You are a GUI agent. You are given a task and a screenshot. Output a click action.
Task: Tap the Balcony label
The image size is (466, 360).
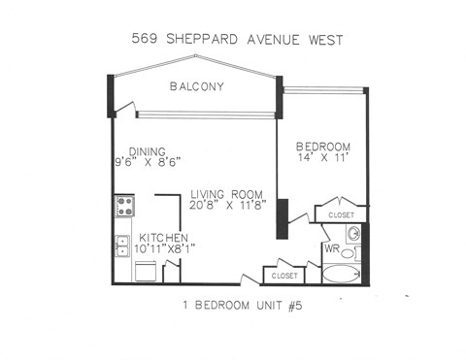coord(196,86)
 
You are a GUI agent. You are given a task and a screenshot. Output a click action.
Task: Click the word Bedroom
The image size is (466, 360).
coord(324,147)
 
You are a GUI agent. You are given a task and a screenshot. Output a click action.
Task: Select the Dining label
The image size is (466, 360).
coord(135,151)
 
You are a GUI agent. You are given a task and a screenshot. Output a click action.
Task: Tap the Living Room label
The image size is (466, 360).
coord(226,193)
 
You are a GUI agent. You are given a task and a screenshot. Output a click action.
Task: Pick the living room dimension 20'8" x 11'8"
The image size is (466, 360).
coord(231,206)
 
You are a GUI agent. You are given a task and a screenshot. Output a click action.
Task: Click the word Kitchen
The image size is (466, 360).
coord(163,239)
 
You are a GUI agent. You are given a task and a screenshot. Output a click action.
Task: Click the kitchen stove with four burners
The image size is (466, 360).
coord(124,206)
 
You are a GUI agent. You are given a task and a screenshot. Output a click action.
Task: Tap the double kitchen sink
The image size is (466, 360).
coord(123,245)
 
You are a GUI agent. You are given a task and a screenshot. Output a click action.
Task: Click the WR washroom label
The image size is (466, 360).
coord(331,249)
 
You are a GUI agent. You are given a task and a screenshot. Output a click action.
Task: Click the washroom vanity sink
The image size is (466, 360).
coord(354,234)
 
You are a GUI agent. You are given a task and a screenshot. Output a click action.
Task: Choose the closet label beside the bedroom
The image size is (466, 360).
coord(341,214)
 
